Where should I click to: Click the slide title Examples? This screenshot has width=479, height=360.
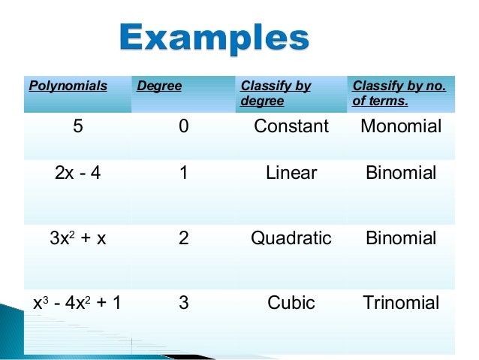[x=215, y=38]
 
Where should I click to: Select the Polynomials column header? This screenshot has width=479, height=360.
[x=68, y=86]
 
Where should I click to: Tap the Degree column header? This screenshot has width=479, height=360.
[x=159, y=86]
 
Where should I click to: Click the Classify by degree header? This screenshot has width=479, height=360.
[x=275, y=93]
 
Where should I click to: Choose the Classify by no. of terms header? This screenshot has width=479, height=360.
[x=399, y=93]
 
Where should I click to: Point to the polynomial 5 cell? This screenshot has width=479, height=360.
[x=78, y=127]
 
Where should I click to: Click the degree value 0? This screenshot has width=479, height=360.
[x=184, y=127]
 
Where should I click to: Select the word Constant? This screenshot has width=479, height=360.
[x=291, y=127]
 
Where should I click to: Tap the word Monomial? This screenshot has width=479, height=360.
[x=401, y=127]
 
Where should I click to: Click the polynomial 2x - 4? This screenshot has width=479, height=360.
[x=78, y=174]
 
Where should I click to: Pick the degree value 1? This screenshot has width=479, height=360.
[x=184, y=174]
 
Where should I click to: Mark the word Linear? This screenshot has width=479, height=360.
[x=291, y=174]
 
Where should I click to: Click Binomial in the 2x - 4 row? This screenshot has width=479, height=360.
[x=401, y=174]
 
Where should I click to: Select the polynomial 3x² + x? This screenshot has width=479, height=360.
[x=78, y=239]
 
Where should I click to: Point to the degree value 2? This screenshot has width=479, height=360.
[x=184, y=239]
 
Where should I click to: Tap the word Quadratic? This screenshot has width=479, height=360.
[x=291, y=239]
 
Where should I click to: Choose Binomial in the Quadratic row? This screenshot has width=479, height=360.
[x=401, y=239]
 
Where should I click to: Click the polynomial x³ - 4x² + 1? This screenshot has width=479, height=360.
[x=78, y=304]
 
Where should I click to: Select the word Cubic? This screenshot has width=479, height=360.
[x=291, y=304]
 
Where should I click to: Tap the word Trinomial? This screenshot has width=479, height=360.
[x=401, y=304]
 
